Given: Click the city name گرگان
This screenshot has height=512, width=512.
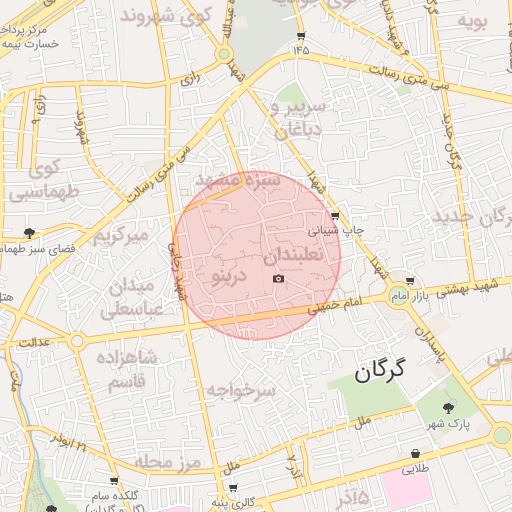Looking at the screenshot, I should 381,372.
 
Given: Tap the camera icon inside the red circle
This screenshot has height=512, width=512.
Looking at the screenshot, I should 278,277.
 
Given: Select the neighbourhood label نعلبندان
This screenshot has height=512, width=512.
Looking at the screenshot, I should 294,256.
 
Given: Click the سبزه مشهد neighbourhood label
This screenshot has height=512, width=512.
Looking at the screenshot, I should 238,181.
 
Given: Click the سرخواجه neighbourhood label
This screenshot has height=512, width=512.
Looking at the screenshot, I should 240,389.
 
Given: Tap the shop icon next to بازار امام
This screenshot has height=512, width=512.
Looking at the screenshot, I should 411,281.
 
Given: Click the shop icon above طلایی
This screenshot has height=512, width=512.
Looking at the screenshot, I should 414,453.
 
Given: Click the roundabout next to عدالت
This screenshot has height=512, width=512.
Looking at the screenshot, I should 77,341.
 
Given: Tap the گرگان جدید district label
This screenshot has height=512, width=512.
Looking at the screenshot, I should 469,216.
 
